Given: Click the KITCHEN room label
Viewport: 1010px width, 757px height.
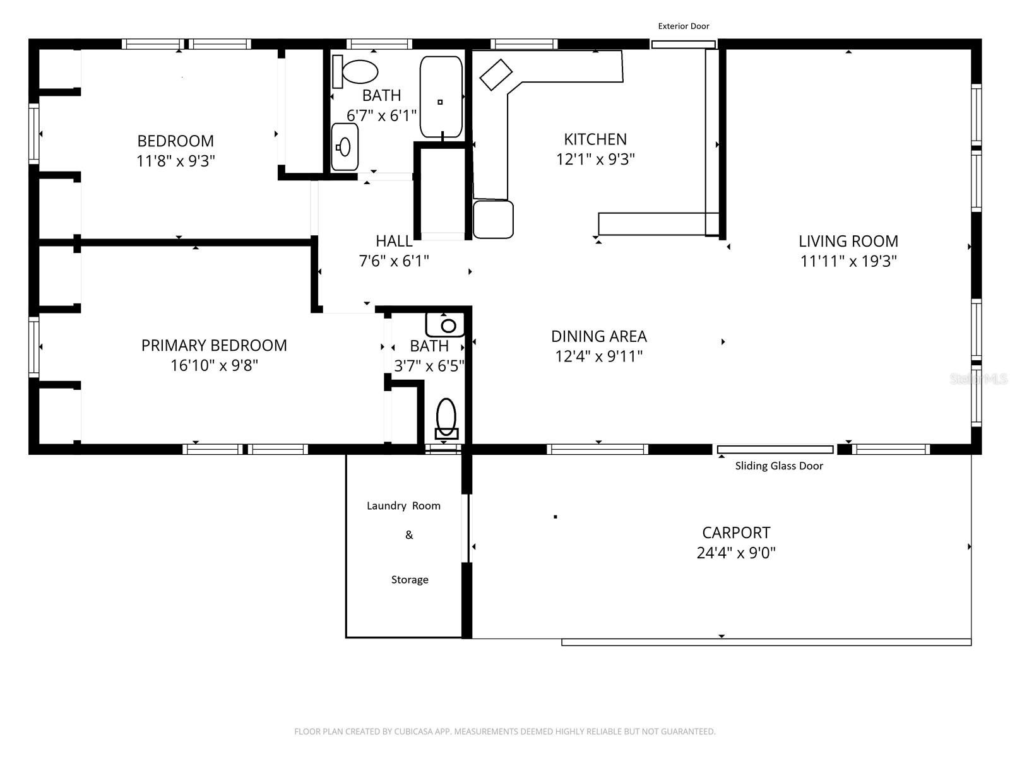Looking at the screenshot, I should [x=595, y=139].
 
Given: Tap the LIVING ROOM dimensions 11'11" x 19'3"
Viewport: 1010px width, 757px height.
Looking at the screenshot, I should [x=848, y=261].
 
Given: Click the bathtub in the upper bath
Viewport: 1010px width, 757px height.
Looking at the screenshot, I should [x=441, y=97].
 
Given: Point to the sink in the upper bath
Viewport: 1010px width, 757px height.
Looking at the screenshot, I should [x=344, y=147].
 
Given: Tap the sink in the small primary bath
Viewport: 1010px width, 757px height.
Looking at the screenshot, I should [x=446, y=326].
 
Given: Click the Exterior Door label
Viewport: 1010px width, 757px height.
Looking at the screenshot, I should [x=683, y=26].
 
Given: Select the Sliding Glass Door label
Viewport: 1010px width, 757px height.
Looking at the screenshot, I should [x=778, y=466].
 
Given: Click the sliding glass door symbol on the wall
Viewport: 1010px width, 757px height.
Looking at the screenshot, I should [x=775, y=449].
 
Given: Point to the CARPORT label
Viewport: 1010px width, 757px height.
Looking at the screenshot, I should [x=735, y=532].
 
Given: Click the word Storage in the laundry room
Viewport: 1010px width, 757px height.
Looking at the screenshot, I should [x=409, y=580].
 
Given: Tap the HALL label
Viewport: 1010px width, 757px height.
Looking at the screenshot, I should [x=394, y=241].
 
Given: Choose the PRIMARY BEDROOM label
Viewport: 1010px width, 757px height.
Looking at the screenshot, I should [x=214, y=345].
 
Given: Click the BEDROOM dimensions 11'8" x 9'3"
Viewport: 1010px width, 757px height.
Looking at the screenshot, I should [x=175, y=161].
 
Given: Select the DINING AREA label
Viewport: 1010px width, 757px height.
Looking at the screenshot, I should [x=598, y=336].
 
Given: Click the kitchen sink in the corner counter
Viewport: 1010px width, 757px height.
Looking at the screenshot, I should [x=496, y=75].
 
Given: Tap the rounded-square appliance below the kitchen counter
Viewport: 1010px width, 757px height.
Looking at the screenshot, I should [x=493, y=220].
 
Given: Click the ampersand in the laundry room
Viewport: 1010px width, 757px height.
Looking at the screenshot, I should [x=409, y=535].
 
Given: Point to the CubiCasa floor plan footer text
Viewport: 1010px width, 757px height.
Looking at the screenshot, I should [x=504, y=732].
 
